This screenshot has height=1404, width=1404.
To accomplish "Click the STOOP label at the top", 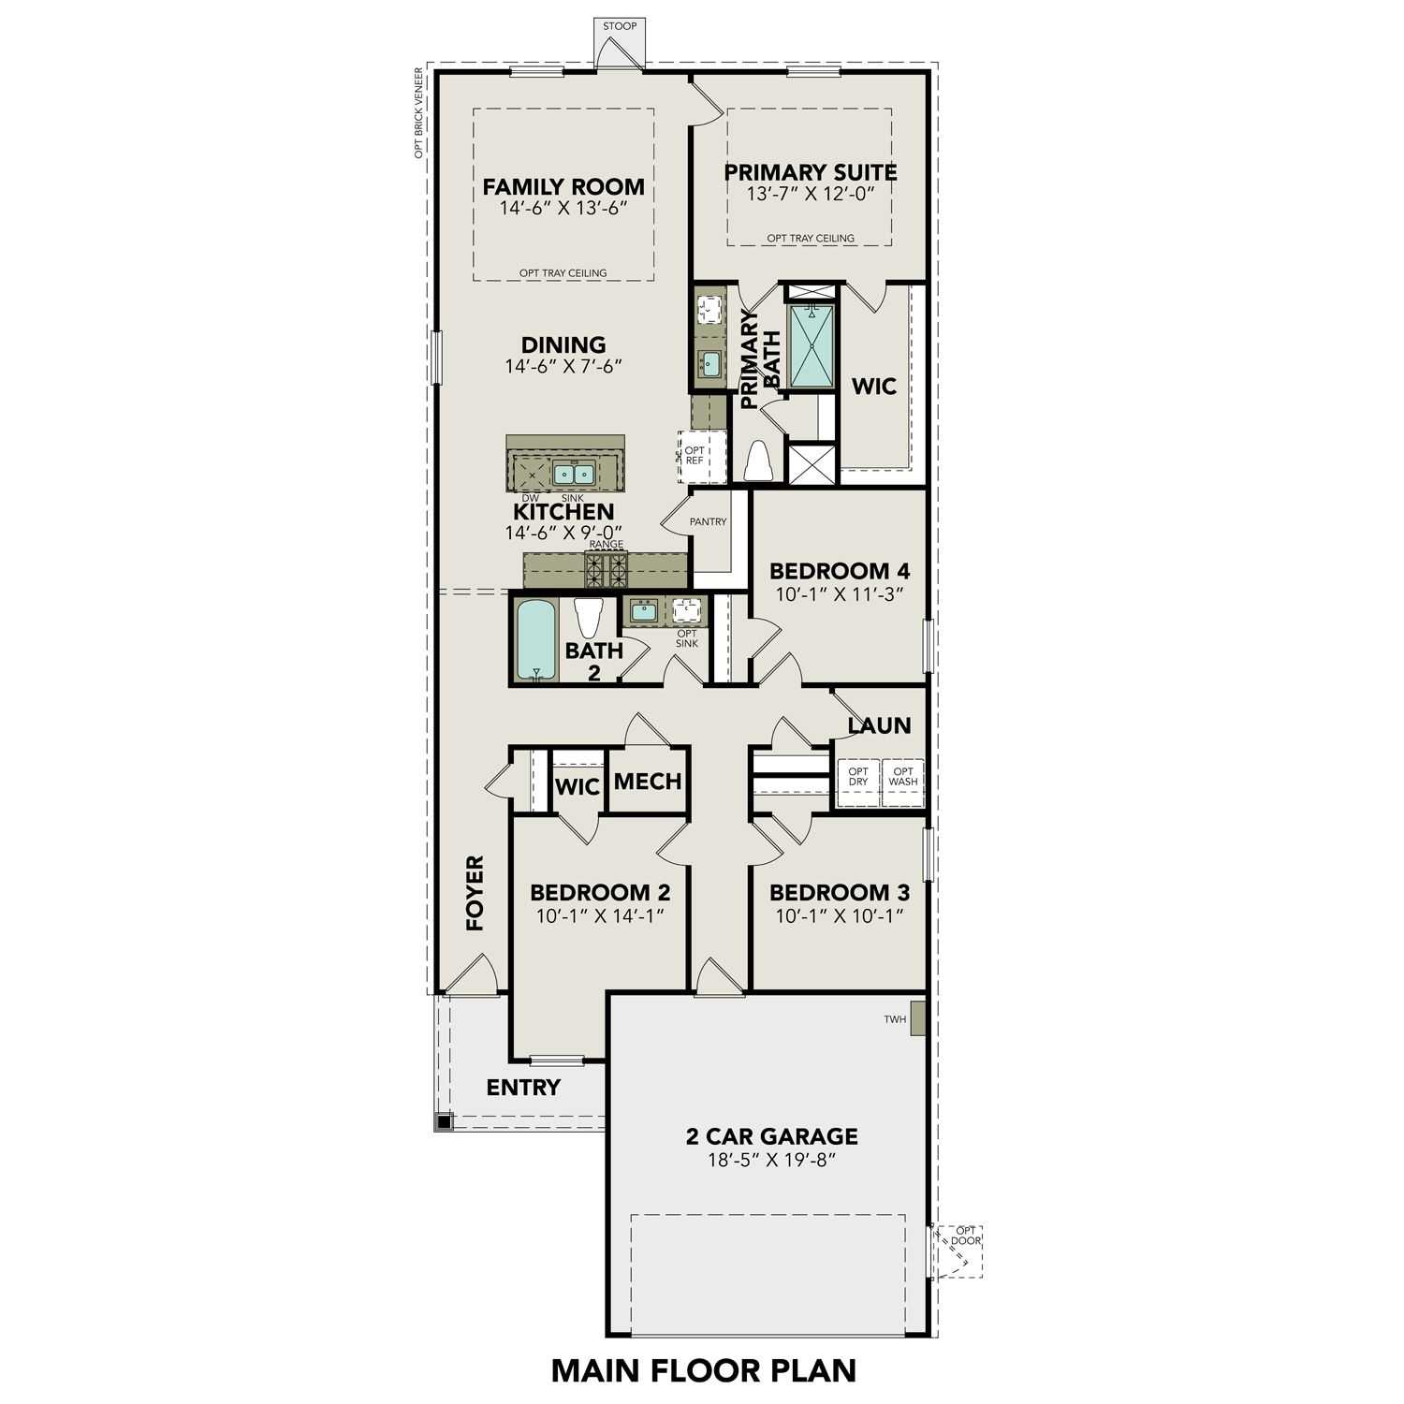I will pos(620,26).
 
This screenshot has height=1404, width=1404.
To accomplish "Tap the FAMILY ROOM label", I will pos(563,186).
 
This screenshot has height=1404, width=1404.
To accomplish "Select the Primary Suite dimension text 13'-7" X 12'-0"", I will pos(810,195).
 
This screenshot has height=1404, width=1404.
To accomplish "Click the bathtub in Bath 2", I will pos(536,640).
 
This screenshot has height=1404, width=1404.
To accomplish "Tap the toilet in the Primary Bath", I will pos(757,461).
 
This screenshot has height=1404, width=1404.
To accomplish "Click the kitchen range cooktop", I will pos(606,569).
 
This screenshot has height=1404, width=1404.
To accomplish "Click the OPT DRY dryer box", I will pos(858,776).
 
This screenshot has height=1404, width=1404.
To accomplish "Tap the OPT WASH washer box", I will pos(903,776).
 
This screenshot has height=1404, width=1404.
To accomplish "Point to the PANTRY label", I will pos(708,521).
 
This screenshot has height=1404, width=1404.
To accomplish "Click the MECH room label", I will pos(648,781).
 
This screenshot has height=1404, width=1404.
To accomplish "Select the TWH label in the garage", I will pos(895,1019).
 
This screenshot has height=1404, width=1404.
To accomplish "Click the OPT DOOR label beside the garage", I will pos(965,1236).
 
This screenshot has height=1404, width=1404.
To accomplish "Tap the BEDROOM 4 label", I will pos(839,571).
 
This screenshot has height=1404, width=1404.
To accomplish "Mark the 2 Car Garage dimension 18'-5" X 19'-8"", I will pos(771,1161).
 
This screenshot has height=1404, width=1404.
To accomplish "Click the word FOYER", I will pos(475,892).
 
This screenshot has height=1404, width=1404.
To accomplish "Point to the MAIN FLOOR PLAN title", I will pos(703,1370).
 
